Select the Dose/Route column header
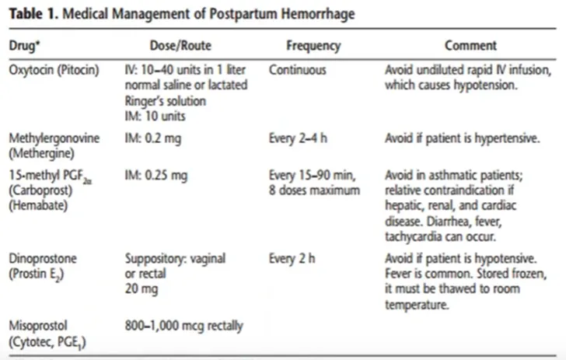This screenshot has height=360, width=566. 180,46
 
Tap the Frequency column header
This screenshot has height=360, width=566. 313,46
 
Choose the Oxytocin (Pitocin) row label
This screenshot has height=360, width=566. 54,69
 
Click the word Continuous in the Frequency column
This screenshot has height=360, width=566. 298,69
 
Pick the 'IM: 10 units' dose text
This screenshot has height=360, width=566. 155,116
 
